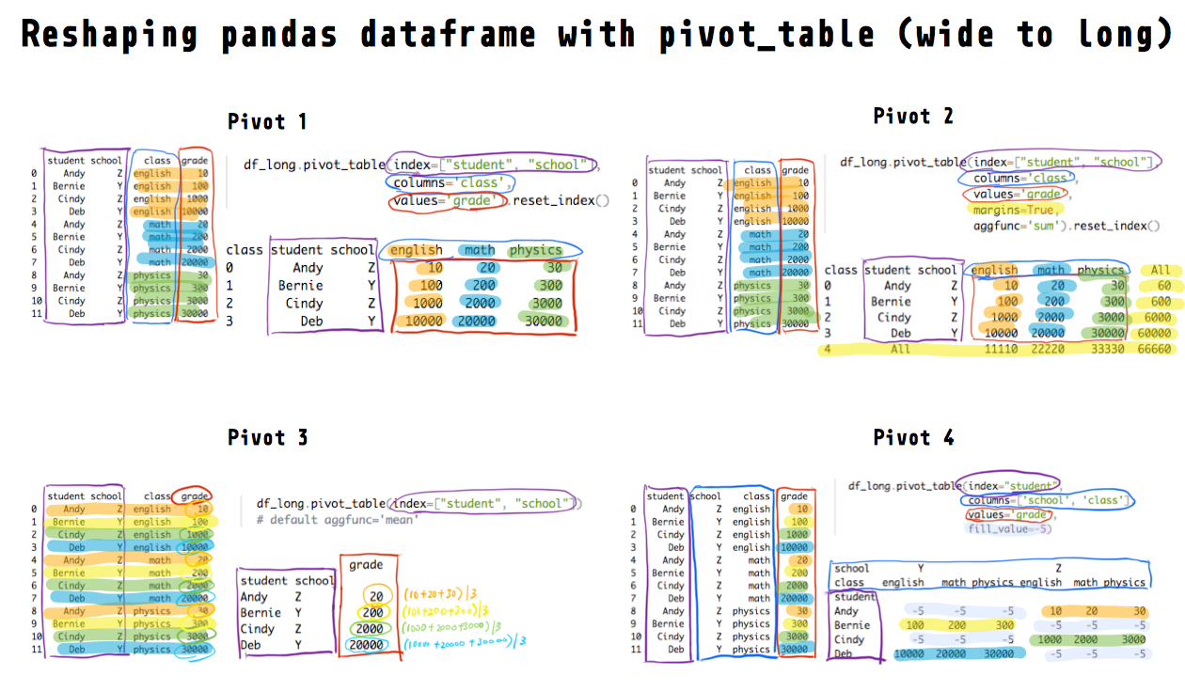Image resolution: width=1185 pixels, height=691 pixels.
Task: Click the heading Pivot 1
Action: coord(267,122)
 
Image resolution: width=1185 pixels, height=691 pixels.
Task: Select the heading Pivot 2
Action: coord(912,116)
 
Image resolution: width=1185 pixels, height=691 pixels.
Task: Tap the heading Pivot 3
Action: coord(267,438)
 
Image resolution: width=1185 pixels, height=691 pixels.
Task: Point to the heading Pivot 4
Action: coord(913,438)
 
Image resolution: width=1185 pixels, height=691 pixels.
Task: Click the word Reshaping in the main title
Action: coord(109,35)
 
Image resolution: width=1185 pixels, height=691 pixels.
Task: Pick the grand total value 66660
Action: coord(1153,349)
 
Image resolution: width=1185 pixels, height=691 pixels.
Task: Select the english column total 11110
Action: coord(1000,349)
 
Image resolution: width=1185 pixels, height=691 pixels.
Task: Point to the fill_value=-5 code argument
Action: coord(1008,529)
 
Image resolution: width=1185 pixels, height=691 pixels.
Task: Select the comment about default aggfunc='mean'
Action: coord(337,519)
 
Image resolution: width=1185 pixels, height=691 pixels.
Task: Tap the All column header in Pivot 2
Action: coord(1161,270)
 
